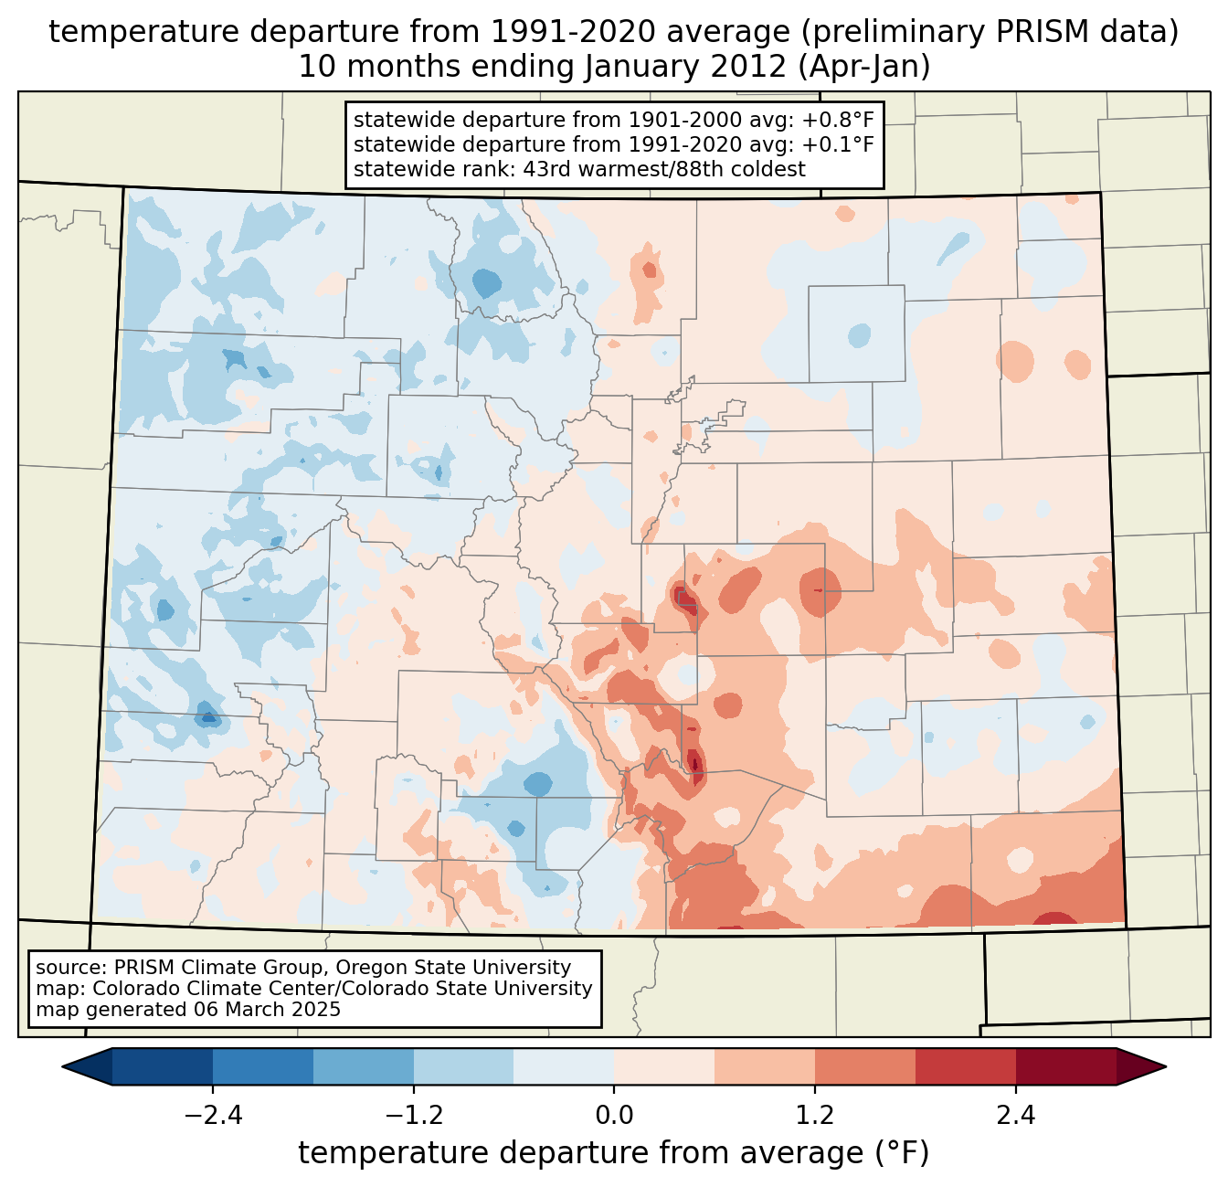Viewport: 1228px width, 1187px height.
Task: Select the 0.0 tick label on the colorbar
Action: [614, 1116]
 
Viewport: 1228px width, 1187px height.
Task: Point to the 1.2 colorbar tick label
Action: [815, 1116]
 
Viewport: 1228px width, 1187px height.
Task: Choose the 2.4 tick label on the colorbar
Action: [1016, 1116]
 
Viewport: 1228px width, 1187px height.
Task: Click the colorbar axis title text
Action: [614, 1154]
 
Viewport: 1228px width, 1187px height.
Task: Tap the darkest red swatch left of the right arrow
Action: [1065, 1066]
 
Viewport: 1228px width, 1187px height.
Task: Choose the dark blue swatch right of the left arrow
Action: [163, 1066]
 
